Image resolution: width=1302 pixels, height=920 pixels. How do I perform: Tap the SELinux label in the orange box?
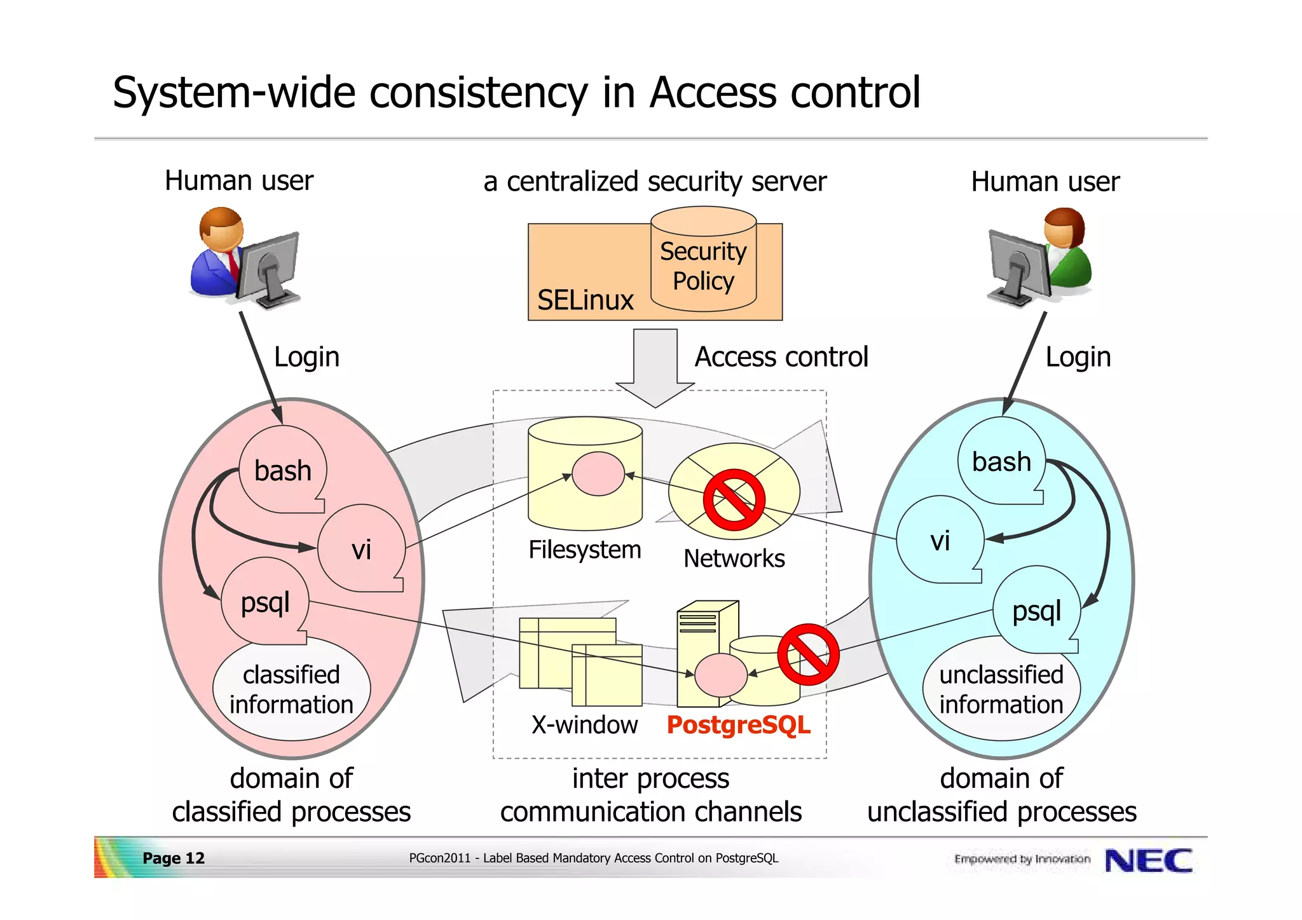click(x=585, y=300)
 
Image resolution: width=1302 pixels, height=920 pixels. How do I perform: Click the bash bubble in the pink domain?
click(x=283, y=471)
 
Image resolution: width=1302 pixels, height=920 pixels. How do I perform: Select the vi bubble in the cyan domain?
click(x=940, y=541)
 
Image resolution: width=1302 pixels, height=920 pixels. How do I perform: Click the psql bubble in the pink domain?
click(x=265, y=602)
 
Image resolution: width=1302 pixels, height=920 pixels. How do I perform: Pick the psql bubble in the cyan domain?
click(x=1036, y=611)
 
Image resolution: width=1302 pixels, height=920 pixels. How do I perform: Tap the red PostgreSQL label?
click(x=738, y=725)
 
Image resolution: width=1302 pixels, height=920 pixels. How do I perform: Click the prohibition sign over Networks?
click(x=734, y=500)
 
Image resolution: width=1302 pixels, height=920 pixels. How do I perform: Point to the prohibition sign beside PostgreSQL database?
click(x=808, y=654)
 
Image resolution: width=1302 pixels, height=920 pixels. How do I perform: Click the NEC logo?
click(x=1148, y=861)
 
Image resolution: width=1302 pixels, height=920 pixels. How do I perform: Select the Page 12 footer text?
click(x=174, y=858)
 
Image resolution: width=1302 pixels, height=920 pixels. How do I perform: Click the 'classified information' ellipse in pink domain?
click(x=291, y=689)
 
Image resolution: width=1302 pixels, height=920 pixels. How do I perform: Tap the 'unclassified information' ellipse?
click(x=1001, y=689)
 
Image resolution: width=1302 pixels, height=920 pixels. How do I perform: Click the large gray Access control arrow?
click(x=655, y=365)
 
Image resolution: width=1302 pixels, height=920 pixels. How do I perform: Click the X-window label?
click(x=584, y=725)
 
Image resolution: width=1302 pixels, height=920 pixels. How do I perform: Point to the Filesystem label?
click(x=584, y=550)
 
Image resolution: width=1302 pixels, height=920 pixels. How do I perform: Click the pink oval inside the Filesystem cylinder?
click(x=598, y=473)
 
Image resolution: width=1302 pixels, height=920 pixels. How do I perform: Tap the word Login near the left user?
click(x=306, y=357)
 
